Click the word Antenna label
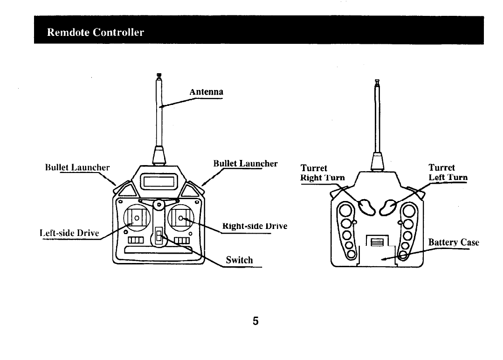(206, 92)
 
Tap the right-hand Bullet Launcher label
(245, 164)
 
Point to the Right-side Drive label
(255, 226)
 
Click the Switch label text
(239, 260)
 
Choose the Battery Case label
(453, 242)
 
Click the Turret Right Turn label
(323, 173)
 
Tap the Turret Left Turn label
(448, 173)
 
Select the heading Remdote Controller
(96, 32)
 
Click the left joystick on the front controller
(137, 218)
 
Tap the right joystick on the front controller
(181, 217)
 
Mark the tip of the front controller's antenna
(159, 75)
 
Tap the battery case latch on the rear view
(377, 242)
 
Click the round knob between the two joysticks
(158, 204)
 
